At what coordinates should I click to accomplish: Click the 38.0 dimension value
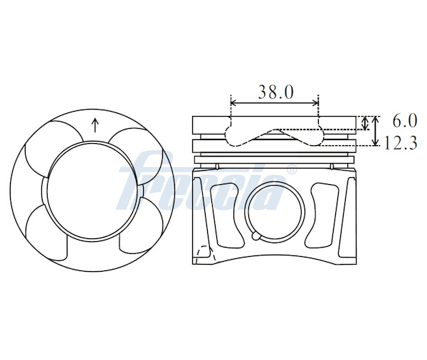pos(275,92)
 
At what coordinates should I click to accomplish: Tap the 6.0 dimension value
pos(404,121)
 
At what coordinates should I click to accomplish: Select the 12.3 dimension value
pos(400,143)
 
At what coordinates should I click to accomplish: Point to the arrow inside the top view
pos(95,125)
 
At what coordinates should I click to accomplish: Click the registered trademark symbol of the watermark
pos(292,169)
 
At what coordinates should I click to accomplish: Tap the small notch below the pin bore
pos(256,235)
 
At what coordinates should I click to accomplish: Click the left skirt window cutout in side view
pos(227,215)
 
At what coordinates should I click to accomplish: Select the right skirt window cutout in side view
pos(322,215)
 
